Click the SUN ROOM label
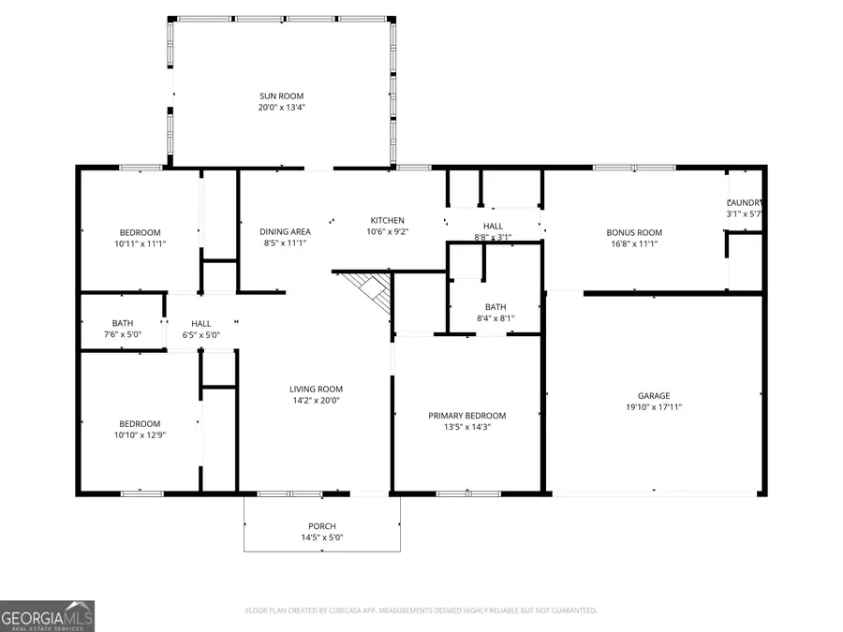281,96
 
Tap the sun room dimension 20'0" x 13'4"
281,108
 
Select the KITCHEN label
387,220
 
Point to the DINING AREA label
286,232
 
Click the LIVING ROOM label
316,389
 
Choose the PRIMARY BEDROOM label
466,416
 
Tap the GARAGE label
655,395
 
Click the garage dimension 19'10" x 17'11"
655,407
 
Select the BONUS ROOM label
634,232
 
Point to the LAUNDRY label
746,203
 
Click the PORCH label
322,526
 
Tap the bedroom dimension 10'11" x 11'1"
140,244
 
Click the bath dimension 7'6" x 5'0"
123,334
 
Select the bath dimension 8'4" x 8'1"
495,318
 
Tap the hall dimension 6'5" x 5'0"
201,334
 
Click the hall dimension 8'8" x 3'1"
493,238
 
